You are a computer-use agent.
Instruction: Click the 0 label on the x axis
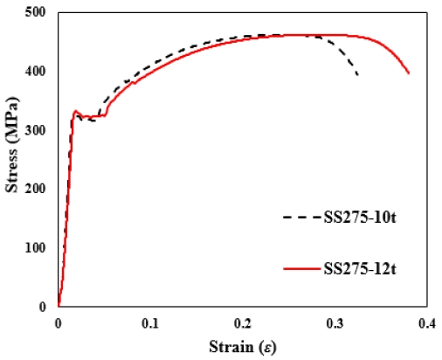(x=58, y=322)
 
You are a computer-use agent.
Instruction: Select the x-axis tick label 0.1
(x=149, y=322)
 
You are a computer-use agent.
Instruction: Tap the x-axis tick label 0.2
(x=242, y=322)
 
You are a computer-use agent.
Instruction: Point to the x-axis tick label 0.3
(x=335, y=322)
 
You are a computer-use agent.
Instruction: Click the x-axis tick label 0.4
(x=426, y=322)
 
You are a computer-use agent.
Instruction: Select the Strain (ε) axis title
(x=242, y=346)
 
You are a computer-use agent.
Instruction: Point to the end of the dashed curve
(x=358, y=75)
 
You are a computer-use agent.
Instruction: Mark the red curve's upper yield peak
(x=76, y=111)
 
